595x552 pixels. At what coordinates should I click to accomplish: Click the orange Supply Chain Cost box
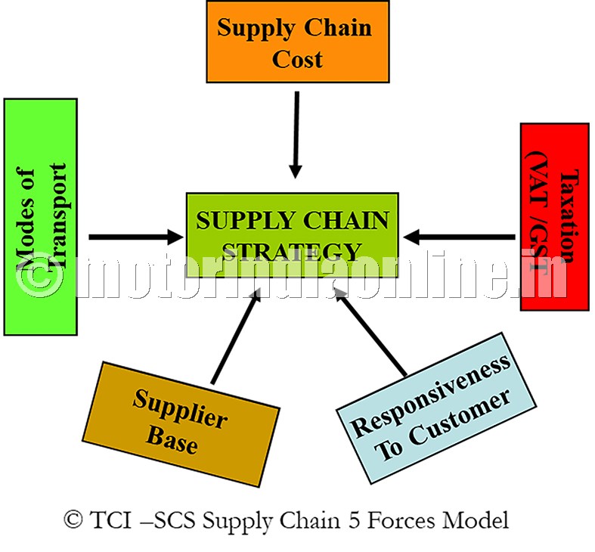(297, 42)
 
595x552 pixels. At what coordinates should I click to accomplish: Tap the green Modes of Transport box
(41, 216)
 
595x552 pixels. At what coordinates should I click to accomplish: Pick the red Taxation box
(554, 217)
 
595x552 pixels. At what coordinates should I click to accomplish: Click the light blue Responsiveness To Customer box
(429, 406)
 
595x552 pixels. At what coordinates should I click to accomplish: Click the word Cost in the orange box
(297, 58)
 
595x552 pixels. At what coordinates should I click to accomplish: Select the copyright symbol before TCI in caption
(73, 521)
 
